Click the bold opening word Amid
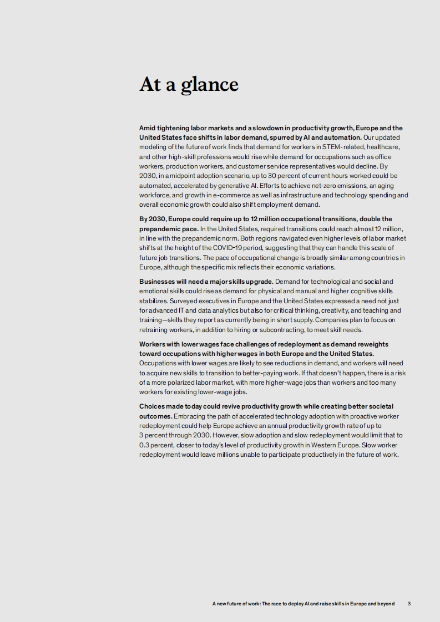click(148, 128)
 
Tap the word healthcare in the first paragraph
click(380, 146)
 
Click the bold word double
click(365, 219)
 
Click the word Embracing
click(190, 416)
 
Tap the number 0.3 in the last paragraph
click(144, 445)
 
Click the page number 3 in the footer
click(409, 604)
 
